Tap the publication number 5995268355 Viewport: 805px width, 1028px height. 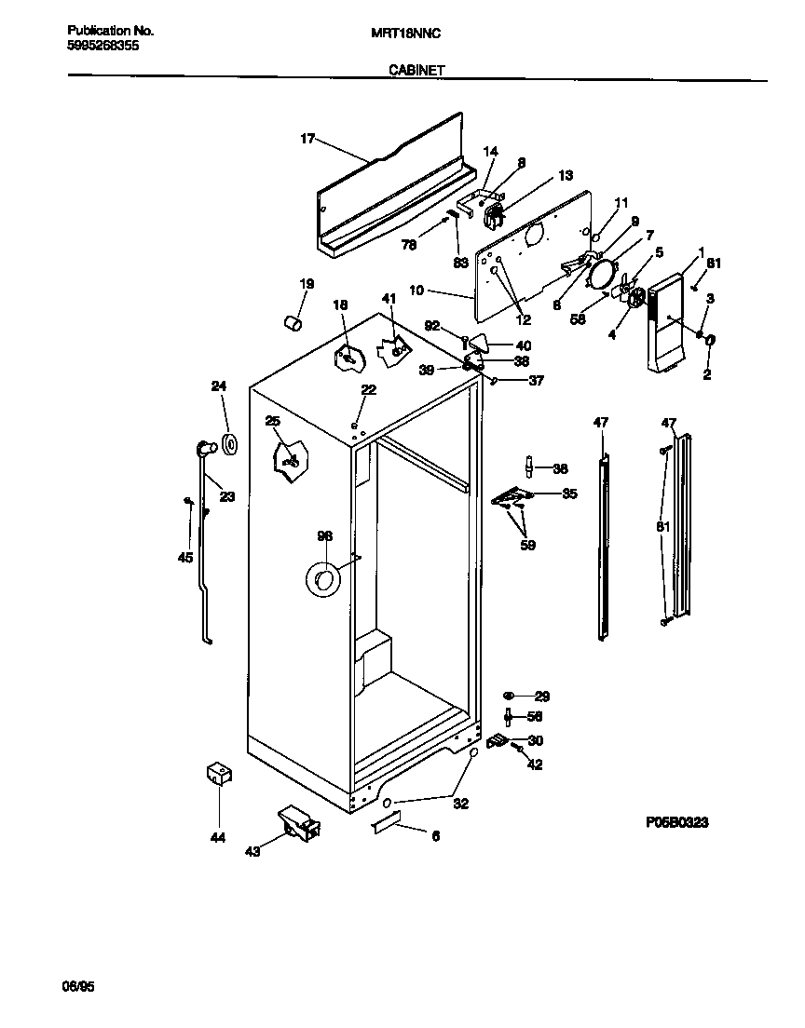pyautogui.click(x=104, y=45)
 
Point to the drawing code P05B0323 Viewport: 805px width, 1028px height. pyautogui.click(x=677, y=822)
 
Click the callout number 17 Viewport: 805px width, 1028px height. pyautogui.click(x=307, y=139)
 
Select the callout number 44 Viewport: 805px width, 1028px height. pyautogui.click(x=217, y=838)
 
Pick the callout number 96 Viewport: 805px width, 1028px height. pyautogui.click(x=324, y=535)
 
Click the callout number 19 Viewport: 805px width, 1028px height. pyautogui.click(x=306, y=283)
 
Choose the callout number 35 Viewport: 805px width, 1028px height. pyautogui.click(x=568, y=494)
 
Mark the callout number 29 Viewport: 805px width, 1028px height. pyautogui.click(x=541, y=696)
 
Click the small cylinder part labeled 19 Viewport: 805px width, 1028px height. pyautogui.click(x=293, y=323)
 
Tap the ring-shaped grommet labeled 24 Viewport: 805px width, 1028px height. pyautogui.click(x=228, y=445)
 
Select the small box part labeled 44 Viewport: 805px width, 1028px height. pyautogui.click(x=219, y=774)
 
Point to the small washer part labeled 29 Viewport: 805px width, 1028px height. pyautogui.click(x=509, y=696)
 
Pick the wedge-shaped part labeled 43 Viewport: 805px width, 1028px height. pyautogui.click(x=299, y=822)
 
